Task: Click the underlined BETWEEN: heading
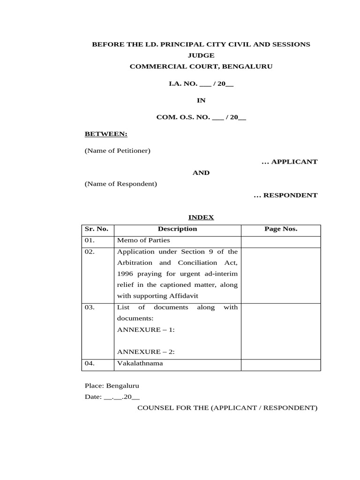(106, 134)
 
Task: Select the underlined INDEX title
(201, 217)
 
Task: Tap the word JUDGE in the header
(201, 55)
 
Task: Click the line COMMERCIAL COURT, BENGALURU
(201, 67)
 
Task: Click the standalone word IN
(201, 100)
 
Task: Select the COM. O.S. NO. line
(201, 117)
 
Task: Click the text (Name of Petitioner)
(117, 151)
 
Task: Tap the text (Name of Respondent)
(120, 184)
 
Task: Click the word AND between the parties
(201, 173)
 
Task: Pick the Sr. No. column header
(97, 229)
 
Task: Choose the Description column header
(177, 229)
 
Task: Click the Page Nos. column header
(281, 229)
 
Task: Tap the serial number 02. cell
(90, 252)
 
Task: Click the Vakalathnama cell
(140, 363)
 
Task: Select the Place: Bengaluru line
(112, 386)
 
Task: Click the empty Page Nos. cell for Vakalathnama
(281, 365)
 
